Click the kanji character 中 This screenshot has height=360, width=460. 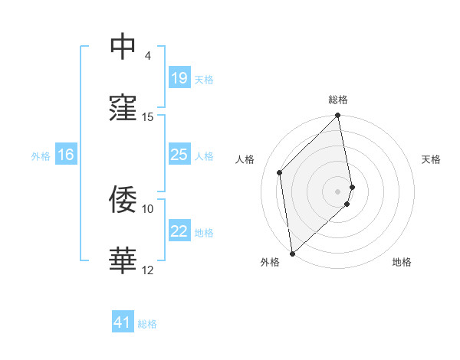(123, 47)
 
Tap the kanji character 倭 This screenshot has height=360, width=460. (123, 200)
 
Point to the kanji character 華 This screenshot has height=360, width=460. (123, 261)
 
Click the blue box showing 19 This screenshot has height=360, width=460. (179, 78)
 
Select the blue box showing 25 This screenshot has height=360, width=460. (179, 155)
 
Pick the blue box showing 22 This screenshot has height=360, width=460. (179, 231)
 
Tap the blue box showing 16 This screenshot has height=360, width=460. (65, 155)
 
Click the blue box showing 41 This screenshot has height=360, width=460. (123, 323)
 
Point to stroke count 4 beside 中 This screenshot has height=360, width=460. (147, 56)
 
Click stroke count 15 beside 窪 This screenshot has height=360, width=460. (148, 117)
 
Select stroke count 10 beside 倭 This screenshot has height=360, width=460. (148, 208)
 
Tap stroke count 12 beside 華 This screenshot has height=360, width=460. (148, 270)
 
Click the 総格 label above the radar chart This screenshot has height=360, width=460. (338, 100)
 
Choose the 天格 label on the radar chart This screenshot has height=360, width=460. (431, 159)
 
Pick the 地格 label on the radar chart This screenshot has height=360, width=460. (402, 262)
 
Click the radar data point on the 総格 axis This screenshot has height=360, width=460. (338, 116)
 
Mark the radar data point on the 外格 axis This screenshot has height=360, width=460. (292, 253)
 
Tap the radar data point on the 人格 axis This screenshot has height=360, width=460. (280, 172)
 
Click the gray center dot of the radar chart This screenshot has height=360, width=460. (338, 191)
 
